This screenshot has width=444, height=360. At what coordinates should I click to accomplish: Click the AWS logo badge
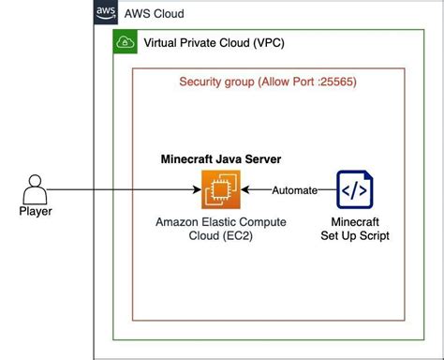coord(106,12)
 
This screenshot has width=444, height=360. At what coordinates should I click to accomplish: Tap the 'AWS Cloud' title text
coord(155,14)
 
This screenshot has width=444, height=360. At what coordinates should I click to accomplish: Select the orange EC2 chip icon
coord(221,190)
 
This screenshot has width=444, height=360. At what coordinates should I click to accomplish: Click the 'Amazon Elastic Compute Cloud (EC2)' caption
coord(221,229)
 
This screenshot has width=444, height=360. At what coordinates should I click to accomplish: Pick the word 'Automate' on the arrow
coord(293,191)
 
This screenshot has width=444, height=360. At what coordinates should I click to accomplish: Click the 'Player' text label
coord(35,212)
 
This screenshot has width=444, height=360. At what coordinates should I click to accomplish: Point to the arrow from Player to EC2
coord(122,190)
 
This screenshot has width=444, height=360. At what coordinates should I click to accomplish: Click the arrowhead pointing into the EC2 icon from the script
coord(247,190)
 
